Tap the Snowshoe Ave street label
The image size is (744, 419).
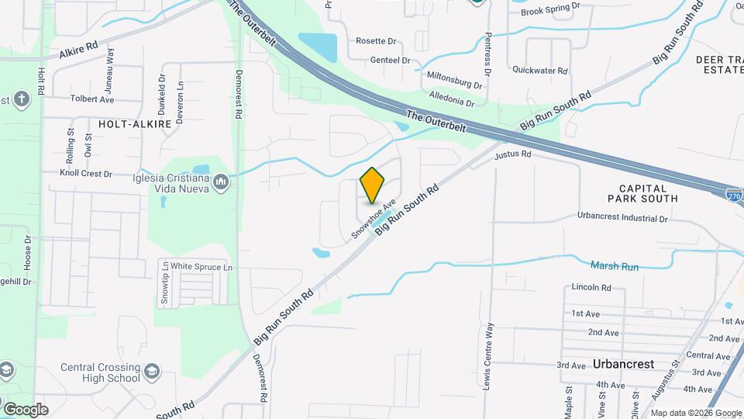(x=374, y=218)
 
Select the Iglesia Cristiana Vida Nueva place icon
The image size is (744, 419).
(x=221, y=182)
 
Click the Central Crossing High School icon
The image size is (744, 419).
(x=153, y=370)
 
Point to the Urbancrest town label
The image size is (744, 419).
(x=623, y=364)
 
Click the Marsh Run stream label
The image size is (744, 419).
(x=615, y=266)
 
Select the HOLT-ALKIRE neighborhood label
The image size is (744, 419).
(x=134, y=123)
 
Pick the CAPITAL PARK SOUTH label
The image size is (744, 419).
(x=648, y=193)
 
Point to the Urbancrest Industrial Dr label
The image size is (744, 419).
(x=622, y=219)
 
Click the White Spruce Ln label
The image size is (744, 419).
(x=201, y=267)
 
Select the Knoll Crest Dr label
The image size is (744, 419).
(x=86, y=174)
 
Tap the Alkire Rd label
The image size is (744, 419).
(x=78, y=51)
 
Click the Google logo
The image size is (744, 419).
(x=25, y=409)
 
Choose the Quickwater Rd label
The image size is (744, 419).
(x=540, y=70)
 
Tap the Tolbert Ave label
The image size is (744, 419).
(x=91, y=99)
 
